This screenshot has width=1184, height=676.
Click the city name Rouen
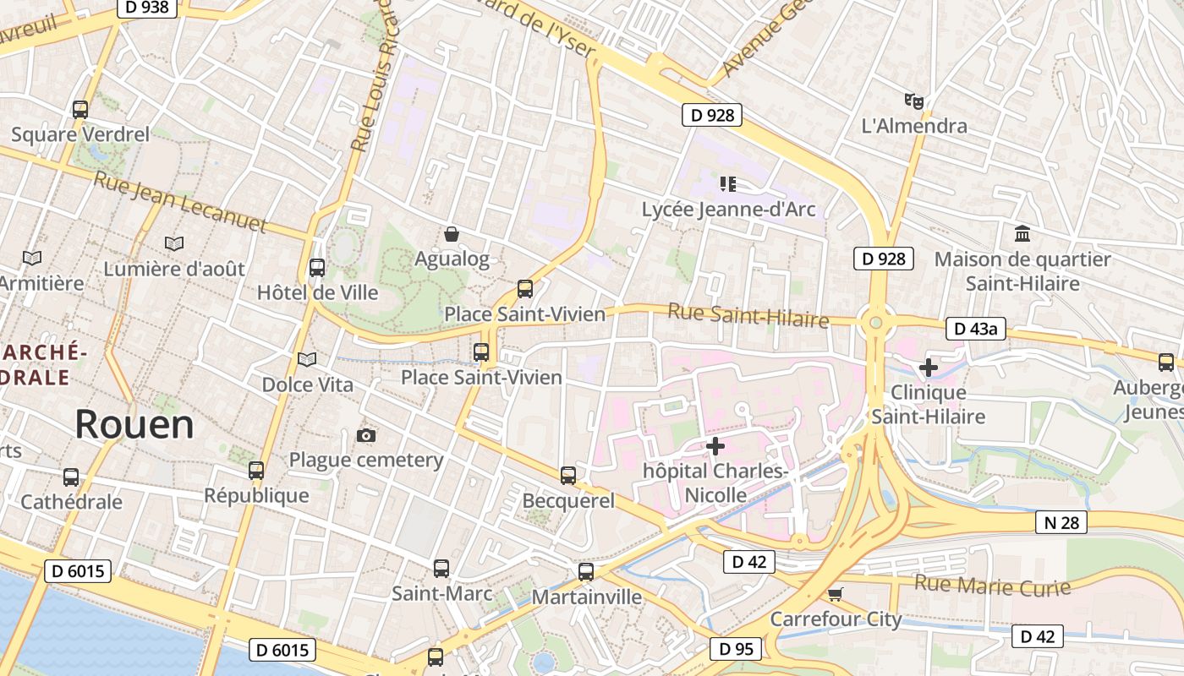point(134,423)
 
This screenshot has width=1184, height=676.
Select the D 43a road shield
point(975,329)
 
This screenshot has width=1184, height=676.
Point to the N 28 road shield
point(1061,522)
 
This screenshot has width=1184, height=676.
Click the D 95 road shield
point(736,649)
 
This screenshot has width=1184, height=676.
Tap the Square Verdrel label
point(80,134)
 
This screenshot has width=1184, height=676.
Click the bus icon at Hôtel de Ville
point(317,268)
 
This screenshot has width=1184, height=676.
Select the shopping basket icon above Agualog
point(452,234)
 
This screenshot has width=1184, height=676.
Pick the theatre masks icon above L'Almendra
point(913,101)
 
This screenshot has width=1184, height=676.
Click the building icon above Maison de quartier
point(1022,233)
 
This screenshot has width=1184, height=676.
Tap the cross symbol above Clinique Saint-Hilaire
point(928,368)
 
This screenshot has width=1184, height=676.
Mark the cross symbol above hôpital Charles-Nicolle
point(715,445)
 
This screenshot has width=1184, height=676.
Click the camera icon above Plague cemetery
point(365,435)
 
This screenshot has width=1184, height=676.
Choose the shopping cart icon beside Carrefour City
point(836,594)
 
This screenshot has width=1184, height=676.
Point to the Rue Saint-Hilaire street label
point(748,315)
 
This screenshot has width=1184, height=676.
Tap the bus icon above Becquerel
point(568,475)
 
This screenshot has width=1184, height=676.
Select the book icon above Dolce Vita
point(307,360)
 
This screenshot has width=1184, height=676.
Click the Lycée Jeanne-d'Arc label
point(728,209)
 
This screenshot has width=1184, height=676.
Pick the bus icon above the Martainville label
point(586,572)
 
